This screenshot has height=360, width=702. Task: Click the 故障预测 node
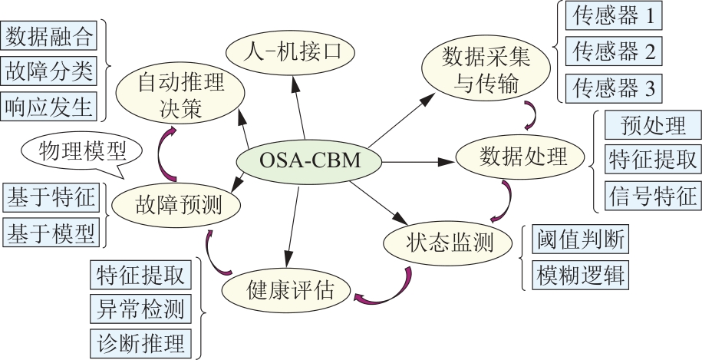click(176, 204)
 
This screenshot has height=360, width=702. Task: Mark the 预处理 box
click(652, 124)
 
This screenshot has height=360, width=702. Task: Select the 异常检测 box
click(140, 309)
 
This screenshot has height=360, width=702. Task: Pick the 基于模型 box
click(51, 233)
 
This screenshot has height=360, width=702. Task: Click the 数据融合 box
click(49, 36)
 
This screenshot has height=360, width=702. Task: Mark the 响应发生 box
click(49, 107)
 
